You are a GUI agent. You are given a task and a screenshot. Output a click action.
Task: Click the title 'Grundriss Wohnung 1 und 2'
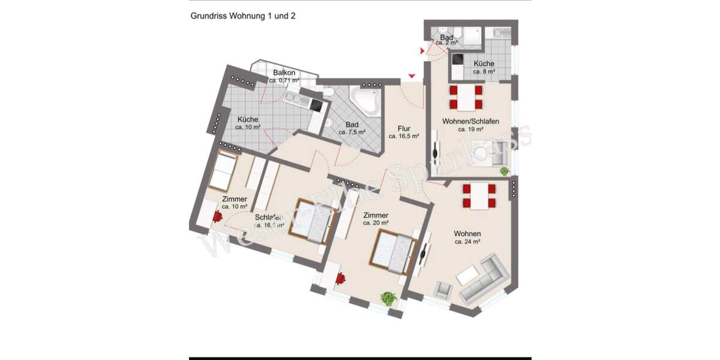pos(242,16)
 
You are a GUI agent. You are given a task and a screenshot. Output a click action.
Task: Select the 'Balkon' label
pos(284,73)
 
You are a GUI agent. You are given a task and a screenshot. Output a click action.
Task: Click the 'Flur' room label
pos(403,128)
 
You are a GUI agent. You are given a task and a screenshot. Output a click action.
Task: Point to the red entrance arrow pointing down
pos(412,76)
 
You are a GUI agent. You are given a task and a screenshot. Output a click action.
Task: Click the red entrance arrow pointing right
pos(422,52)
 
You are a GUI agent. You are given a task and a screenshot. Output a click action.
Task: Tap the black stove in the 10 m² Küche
pos(316,106)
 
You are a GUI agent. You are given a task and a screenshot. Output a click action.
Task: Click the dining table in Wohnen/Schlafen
pos(466,97)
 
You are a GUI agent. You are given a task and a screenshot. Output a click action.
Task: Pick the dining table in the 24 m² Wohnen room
pos(479,196)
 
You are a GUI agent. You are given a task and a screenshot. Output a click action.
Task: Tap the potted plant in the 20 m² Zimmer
pos(389,298)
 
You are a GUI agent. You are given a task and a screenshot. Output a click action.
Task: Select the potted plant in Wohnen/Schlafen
pos(505,172)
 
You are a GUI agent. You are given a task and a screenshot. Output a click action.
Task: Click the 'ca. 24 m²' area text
pos(467,242)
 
